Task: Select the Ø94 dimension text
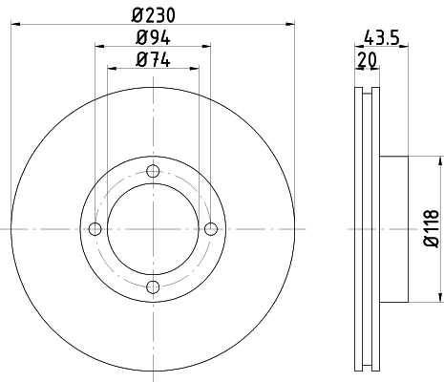(x=153, y=40)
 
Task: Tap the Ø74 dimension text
(x=153, y=61)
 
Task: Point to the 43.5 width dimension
(x=382, y=39)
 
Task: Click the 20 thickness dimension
(x=366, y=61)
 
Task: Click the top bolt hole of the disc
(x=153, y=171)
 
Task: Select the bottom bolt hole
(x=153, y=286)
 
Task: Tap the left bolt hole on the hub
(x=95, y=228)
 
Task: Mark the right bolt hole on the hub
(x=211, y=228)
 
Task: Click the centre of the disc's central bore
(x=153, y=228)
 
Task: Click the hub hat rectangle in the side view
(x=393, y=228)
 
